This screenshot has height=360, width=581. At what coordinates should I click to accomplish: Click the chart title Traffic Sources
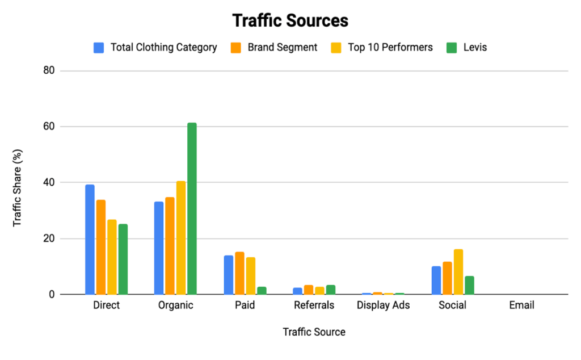point(290,21)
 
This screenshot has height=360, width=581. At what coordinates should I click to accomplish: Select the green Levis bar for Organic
point(192,208)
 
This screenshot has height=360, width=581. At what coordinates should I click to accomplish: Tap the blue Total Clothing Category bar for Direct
point(90,240)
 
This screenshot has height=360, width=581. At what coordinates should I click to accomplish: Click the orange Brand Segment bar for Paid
point(239,273)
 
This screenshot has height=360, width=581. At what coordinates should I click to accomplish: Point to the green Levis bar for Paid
point(262,290)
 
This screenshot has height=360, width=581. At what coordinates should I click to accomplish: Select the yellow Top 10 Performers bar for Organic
point(180,238)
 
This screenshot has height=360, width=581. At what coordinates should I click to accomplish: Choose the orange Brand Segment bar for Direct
point(101,247)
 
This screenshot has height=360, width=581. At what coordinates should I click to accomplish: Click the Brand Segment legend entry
point(275,48)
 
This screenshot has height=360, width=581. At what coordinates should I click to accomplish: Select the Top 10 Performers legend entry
point(382,48)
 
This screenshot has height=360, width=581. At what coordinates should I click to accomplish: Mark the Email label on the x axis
point(521,305)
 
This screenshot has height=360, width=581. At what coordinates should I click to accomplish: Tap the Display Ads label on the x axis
point(383,305)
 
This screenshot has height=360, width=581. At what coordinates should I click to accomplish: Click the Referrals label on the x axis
point(314,305)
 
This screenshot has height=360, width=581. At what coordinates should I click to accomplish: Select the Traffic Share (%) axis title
point(18,182)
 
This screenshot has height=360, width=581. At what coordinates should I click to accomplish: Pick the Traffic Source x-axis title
point(314,332)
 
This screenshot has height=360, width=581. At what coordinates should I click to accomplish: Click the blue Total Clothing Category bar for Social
point(436,280)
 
